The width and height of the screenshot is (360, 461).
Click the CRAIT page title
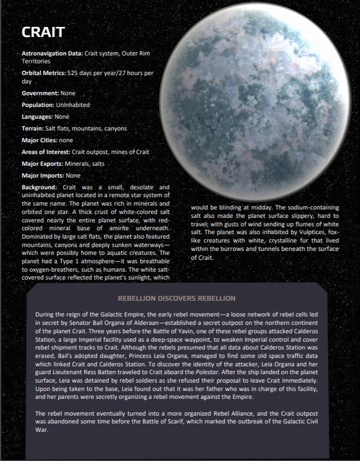(43, 32)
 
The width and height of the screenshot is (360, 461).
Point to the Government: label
(40, 93)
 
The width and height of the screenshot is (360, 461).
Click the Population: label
(38, 105)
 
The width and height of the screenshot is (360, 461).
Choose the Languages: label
(37, 117)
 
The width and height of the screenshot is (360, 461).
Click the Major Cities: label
(39, 140)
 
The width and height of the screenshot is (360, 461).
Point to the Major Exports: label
(42, 164)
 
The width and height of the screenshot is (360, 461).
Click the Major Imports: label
(42, 175)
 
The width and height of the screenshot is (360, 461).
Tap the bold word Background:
(40, 187)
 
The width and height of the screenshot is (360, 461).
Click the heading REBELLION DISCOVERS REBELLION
(176, 299)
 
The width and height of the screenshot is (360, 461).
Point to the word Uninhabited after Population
(72, 105)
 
